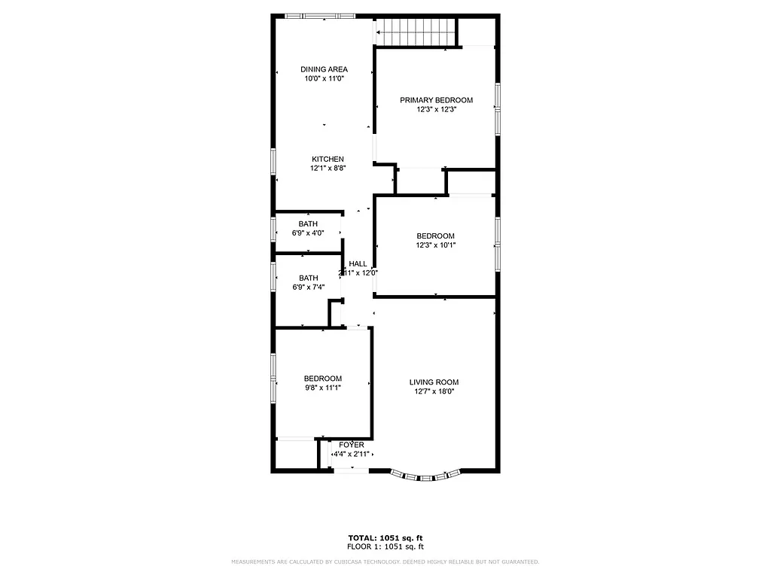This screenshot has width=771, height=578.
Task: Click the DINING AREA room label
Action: [324, 69]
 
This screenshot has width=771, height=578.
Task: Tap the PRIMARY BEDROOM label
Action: [436, 100]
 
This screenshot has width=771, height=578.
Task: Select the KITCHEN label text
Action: [328, 159]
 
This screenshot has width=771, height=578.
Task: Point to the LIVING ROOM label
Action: [434, 382]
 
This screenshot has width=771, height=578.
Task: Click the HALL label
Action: [358, 263]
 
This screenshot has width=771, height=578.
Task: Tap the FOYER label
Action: [351, 445]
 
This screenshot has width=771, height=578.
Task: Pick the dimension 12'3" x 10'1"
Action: [436, 245]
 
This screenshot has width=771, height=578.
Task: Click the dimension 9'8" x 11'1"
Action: [322, 388]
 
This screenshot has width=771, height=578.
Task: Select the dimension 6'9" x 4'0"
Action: [307, 233]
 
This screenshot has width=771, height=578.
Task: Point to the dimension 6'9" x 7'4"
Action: [307, 287]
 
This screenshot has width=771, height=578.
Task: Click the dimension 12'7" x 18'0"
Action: [434, 391]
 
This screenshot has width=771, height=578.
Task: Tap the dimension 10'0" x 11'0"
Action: [324, 78]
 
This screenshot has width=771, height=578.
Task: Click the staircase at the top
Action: [417, 32]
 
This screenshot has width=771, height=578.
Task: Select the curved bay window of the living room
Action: [425, 475]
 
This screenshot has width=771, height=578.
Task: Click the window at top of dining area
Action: [319, 15]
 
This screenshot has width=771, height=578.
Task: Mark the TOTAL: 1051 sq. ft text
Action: [385, 537]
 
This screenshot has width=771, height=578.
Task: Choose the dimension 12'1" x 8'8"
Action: [328, 168]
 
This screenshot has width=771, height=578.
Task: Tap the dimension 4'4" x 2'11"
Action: [351, 454]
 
